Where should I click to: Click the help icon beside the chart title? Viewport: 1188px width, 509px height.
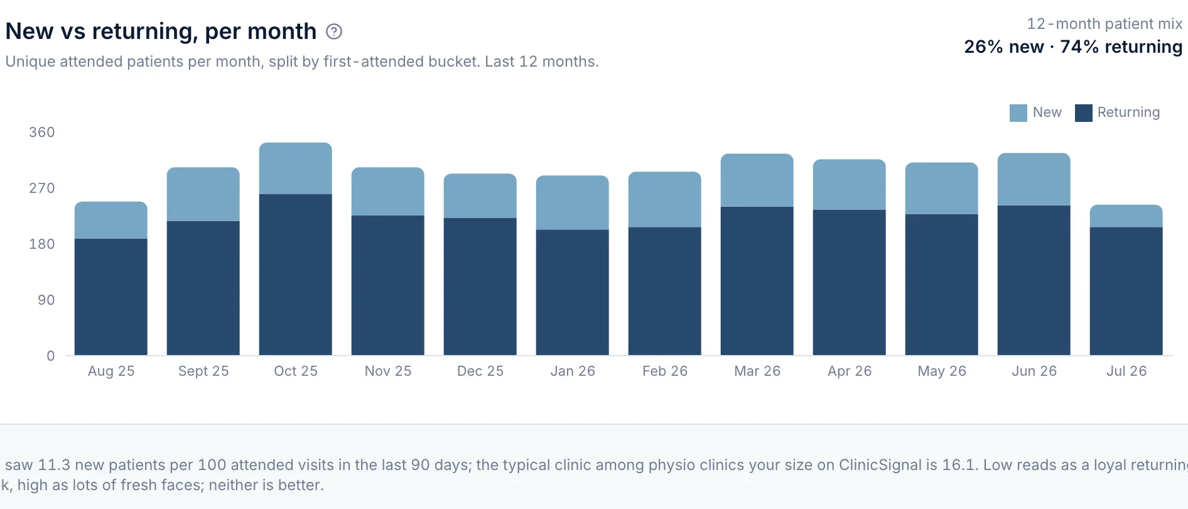tap(334, 31)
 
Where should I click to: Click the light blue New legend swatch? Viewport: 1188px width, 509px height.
tap(1018, 113)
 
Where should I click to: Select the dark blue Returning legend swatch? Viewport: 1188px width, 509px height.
tap(1084, 113)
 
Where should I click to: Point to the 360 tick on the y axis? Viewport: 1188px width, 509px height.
tap(42, 132)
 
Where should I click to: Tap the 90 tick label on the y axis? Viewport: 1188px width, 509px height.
tap(46, 300)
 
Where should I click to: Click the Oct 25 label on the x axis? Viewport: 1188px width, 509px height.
tap(296, 371)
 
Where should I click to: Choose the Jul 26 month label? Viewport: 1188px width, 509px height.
tap(1126, 371)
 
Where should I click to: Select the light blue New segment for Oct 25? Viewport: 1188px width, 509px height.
tap(296, 168)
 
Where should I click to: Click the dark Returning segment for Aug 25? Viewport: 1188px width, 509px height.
tap(111, 297)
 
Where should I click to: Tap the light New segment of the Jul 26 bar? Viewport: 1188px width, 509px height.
tap(1126, 216)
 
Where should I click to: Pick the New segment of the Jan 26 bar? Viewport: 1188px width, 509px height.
tap(573, 203)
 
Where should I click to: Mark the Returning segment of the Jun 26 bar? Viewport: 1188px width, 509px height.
tap(1034, 280)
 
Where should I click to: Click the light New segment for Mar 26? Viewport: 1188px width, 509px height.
tap(757, 180)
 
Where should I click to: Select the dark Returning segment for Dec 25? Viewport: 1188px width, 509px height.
tap(480, 287)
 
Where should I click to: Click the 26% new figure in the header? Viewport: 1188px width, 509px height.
tap(1004, 47)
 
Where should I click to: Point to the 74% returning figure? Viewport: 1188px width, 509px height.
tap(1121, 47)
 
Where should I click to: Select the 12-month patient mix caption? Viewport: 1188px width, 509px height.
tap(1104, 24)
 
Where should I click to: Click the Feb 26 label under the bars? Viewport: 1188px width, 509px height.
tap(665, 371)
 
